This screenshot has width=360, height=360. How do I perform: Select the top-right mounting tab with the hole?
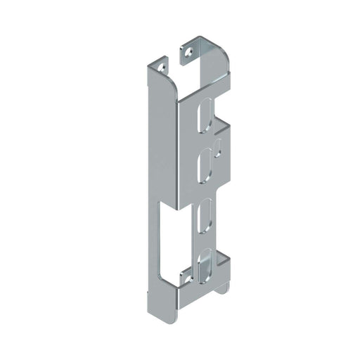click(191, 50)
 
